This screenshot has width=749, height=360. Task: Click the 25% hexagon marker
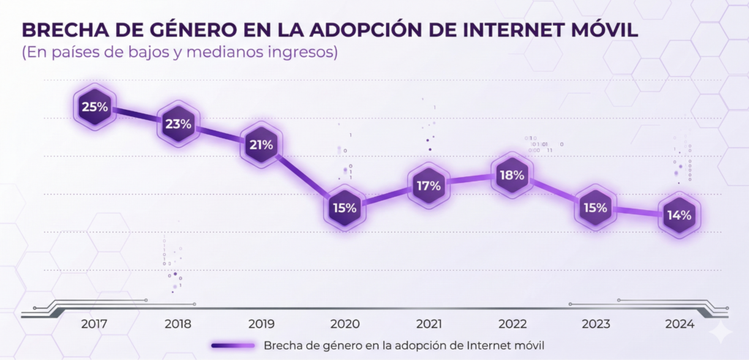click(x=94, y=108)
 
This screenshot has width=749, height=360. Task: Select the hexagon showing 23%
click(x=178, y=124)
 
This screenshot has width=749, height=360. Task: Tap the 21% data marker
click(x=261, y=145)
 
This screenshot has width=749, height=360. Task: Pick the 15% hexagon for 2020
click(x=344, y=207)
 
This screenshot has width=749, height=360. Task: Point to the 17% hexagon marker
click(x=428, y=186)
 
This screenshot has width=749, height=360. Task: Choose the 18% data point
click(x=512, y=176)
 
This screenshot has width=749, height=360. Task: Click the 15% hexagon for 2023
click(x=595, y=207)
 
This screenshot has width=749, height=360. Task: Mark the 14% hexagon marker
click(x=679, y=215)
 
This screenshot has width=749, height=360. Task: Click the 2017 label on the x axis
click(x=94, y=323)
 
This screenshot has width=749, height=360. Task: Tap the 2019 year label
click(x=261, y=323)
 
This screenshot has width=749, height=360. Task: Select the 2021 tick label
click(x=428, y=323)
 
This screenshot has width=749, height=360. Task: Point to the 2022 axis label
click(x=512, y=323)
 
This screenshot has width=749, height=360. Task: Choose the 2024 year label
click(x=679, y=323)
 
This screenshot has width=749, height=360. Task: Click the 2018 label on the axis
click(x=178, y=323)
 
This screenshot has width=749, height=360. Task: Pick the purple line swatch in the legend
click(x=233, y=345)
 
